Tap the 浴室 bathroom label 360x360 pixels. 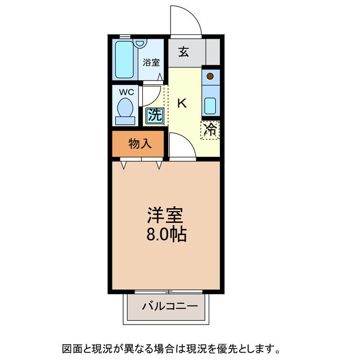pyautogui.click(x=151, y=62)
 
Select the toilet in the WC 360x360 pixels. pyautogui.click(x=125, y=110)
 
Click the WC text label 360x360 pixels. pyautogui.click(x=126, y=92)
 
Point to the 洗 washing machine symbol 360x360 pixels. pyautogui.click(x=155, y=115)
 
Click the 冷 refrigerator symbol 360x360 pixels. pyautogui.click(x=210, y=130)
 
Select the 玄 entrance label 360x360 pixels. pyautogui.click(x=184, y=52)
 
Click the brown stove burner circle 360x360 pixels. pyautogui.click(x=210, y=75)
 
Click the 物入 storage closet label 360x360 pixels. pyautogui.click(x=139, y=143)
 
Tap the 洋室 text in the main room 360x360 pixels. pyautogui.click(x=165, y=215)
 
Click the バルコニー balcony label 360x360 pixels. pyautogui.click(x=169, y=307)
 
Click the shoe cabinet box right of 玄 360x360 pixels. pyautogui.click(x=212, y=53)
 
